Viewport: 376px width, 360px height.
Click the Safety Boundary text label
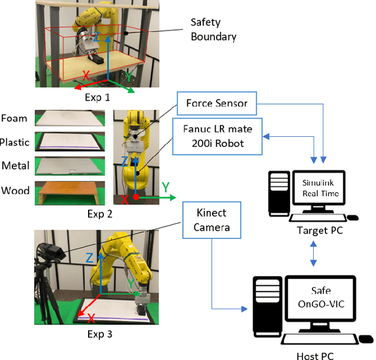(213, 30)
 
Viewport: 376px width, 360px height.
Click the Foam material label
(14, 118)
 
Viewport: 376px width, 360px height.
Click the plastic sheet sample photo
(70, 141)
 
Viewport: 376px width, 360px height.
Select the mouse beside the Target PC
(352, 217)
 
